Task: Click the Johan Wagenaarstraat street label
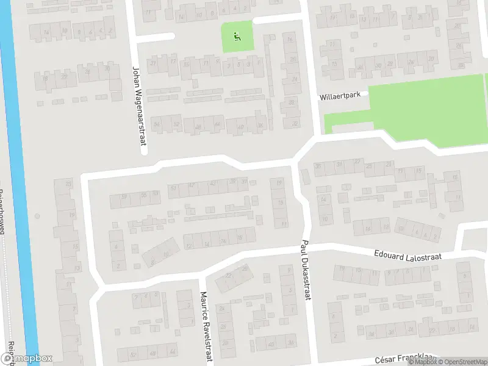point(137,105)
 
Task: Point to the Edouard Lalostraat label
point(407,254)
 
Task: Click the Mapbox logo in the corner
point(26,359)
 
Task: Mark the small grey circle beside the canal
point(38,215)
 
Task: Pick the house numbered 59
point(124,196)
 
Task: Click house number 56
point(157,124)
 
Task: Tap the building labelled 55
point(144,195)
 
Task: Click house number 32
point(296,124)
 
